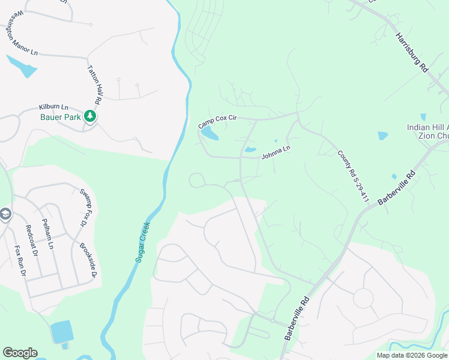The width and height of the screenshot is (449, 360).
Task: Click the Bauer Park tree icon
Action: [90, 116]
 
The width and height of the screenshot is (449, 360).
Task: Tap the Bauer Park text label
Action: [60, 117]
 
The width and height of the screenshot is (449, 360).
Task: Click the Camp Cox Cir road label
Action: [218, 122]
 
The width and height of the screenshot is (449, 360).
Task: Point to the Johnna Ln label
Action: [276, 152]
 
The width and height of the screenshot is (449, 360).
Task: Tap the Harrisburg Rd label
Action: [411, 52]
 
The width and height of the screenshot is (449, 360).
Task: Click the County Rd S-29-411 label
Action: [352, 176]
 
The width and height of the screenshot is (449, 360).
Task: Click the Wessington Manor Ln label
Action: [22, 34]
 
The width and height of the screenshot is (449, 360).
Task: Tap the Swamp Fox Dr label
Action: [82, 208]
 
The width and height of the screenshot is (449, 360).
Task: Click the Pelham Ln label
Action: [48, 233]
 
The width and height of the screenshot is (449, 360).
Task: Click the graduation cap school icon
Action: [5, 214]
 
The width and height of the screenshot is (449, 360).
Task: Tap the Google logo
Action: [20, 353]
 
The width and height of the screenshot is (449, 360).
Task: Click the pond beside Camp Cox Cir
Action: [209, 133]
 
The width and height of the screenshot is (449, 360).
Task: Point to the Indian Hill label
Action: [427, 127]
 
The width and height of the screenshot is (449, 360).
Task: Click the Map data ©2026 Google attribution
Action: [412, 355]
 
